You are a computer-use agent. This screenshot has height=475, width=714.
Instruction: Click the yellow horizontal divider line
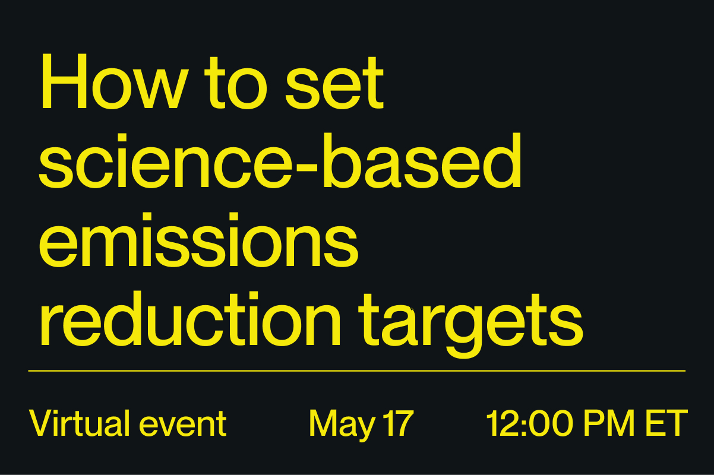(356, 371)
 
